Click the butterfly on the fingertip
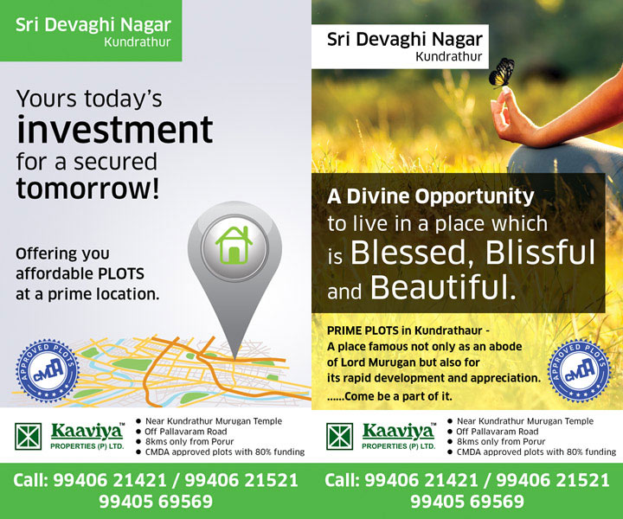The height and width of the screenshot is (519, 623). [502, 73]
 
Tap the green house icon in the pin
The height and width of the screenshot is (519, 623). [234, 245]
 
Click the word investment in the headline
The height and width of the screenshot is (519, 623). [115, 130]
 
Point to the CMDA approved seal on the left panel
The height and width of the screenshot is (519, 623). [48, 370]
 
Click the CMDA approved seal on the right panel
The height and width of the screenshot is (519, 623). [579, 372]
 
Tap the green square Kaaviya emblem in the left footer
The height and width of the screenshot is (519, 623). [29, 437]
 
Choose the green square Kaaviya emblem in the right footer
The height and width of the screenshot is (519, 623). [340, 437]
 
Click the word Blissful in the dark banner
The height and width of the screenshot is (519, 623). [540, 253]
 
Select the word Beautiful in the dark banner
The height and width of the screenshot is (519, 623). [443, 287]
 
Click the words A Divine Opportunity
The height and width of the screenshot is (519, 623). [431, 197]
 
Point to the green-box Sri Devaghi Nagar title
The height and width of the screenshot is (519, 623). [93, 25]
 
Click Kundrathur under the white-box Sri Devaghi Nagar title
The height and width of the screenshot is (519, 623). [449, 57]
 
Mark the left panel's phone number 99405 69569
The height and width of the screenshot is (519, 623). [156, 501]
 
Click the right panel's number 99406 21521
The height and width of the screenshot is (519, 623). [553, 480]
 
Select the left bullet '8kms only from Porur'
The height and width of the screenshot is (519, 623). [189, 441]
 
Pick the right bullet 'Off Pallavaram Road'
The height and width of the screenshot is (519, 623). [497, 432]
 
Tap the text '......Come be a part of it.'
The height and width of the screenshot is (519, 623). [389, 396]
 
